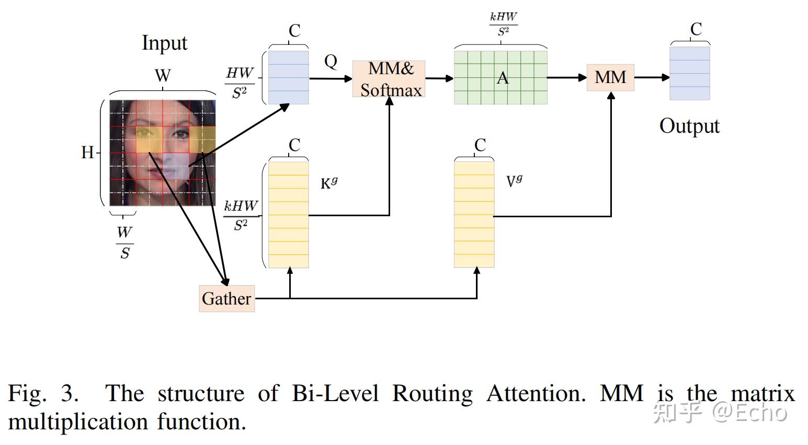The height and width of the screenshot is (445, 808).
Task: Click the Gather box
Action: click(x=226, y=298)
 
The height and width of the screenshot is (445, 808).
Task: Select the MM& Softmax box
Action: click(x=389, y=79)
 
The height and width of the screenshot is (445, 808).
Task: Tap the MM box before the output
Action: click(x=610, y=77)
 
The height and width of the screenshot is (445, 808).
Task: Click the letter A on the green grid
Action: click(x=502, y=78)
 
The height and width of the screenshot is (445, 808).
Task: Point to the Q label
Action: click(x=331, y=62)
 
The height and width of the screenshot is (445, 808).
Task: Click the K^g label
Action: click(x=329, y=183)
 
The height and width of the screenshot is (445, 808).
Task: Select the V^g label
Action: click(x=514, y=181)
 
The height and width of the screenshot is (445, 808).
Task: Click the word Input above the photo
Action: click(x=164, y=43)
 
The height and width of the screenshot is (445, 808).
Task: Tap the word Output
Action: click(x=689, y=126)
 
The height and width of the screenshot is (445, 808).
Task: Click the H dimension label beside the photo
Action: click(x=87, y=153)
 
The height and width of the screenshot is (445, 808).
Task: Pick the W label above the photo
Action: click(x=163, y=76)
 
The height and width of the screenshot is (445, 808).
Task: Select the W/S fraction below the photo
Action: click(x=124, y=242)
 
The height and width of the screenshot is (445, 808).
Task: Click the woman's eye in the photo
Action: click(x=180, y=134)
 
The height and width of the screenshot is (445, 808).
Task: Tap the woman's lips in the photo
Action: click(x=157, y=171)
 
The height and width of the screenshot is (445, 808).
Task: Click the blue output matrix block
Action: click(x=690, y=73)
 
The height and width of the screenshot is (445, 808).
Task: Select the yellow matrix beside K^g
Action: click(x=288, y=215)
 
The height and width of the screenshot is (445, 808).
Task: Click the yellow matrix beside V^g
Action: click(x=474, y=215)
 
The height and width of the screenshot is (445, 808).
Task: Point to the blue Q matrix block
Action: click(x=288, y=77)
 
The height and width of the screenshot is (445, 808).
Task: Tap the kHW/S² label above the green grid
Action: click(x=503, y=24)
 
